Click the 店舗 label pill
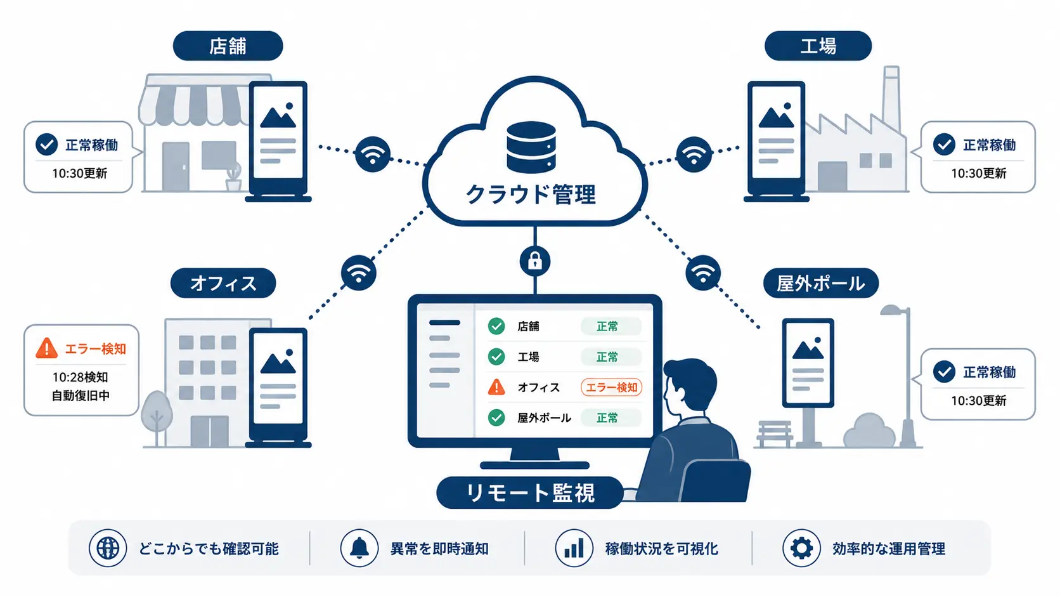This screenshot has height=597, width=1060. (228, 46)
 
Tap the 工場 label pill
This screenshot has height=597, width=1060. (818, 46)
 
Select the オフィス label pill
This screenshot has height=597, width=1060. (223, 283)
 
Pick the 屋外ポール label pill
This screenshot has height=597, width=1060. (820, 283)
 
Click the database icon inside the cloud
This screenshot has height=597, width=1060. (531, 147)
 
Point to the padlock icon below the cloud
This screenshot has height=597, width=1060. (534, 261)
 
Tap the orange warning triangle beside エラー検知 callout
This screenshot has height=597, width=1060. (46, 348)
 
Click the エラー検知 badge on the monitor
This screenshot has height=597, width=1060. (611, 387)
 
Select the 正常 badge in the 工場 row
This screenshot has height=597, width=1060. (611, 357)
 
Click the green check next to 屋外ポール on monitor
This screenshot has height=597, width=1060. (496, 417)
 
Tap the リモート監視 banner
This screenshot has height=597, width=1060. (529, 493)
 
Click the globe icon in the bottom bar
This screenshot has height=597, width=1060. (108, 548)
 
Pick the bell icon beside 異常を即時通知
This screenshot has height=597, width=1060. (359, 548)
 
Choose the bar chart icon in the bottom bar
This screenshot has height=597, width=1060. (574, 548)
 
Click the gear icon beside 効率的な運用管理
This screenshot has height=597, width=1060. (801, 548)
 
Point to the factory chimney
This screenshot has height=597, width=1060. (891, 100)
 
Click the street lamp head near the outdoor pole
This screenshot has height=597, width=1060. (893, 310)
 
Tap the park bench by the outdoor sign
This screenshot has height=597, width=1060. (775, 434)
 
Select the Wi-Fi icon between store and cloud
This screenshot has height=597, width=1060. (373, 154)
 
